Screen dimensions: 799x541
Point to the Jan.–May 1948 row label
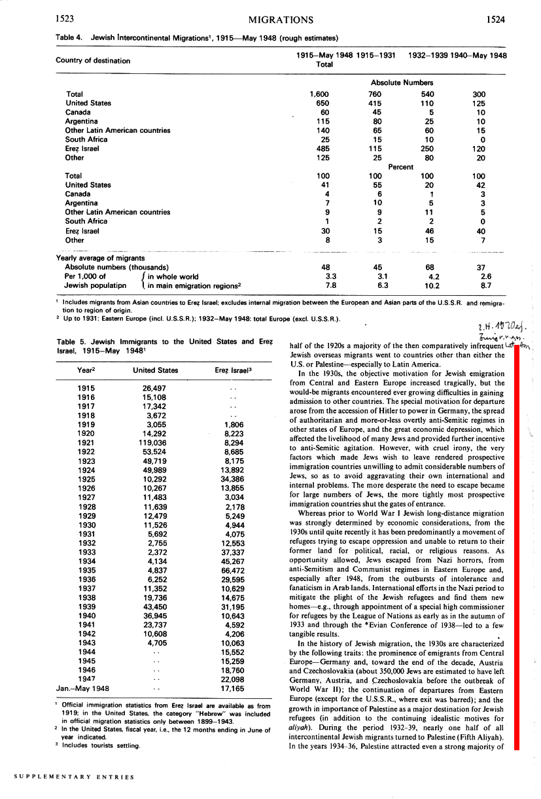click(x=82, y=688)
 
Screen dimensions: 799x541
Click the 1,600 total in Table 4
click(x=319, y=94)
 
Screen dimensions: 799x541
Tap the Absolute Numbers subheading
click(x=402, y=83)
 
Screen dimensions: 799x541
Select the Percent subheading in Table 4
click(x=400, y=167)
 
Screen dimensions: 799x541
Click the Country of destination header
click(x=93, y=61)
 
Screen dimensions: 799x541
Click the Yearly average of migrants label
click(x=100, y=258)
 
